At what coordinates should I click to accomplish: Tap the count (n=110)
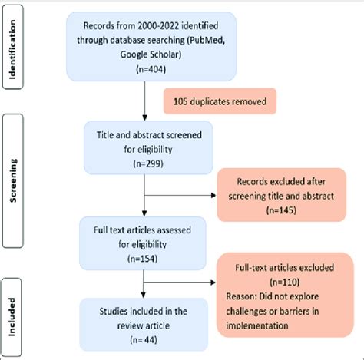(284, 281)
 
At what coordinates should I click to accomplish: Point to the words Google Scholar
(144, 51)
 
